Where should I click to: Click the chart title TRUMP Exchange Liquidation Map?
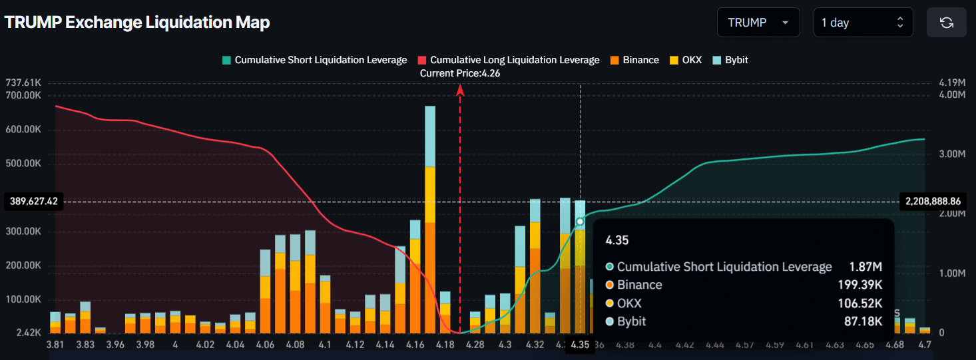(137, 23)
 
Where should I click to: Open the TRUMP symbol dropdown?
(758, 23)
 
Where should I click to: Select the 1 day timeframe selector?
(862, 23)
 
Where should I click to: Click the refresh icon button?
(946, 23)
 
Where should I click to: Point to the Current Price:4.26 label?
(459, 73)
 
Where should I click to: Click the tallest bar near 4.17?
(430, 220)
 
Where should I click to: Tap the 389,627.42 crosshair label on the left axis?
(34, 201)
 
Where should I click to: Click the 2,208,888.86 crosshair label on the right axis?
(933, 201)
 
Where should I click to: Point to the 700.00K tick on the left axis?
(23, 95)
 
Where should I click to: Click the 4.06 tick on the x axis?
(265, 345)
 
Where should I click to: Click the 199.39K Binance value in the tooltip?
(860, 285)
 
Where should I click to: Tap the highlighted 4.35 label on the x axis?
(580, 345)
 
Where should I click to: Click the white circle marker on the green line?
(580, 222)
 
